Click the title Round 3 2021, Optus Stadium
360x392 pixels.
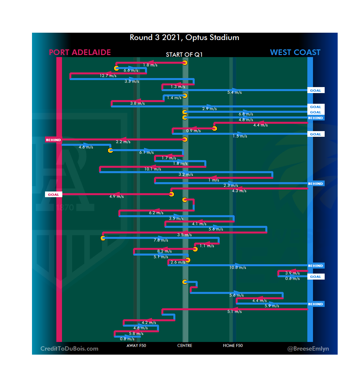point(184,37)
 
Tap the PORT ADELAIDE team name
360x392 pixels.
point(80,52)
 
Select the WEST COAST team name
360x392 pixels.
point(295,52)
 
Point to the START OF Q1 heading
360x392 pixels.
point(184,55)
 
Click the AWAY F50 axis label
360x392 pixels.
point(136,346)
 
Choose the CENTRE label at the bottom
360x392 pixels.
point(185,346)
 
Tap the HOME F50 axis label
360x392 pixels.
point(233,346)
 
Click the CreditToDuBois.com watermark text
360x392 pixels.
point(69,349)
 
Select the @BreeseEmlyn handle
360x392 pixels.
point(308,349)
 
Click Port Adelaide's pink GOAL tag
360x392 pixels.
point(53,194)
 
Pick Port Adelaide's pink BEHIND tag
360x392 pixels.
point(53,140)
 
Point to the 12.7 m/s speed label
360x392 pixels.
point(108,76)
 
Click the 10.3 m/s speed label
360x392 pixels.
point(238,268)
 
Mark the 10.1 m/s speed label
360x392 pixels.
point(153,169)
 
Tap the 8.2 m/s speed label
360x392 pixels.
point(165,251)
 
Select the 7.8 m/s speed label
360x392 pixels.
point(161,240)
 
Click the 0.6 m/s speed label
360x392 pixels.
point(292,279)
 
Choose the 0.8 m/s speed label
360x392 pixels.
point(127,339)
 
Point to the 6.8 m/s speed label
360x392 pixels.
point(246,114)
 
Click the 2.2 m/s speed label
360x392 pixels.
point(123,142)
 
